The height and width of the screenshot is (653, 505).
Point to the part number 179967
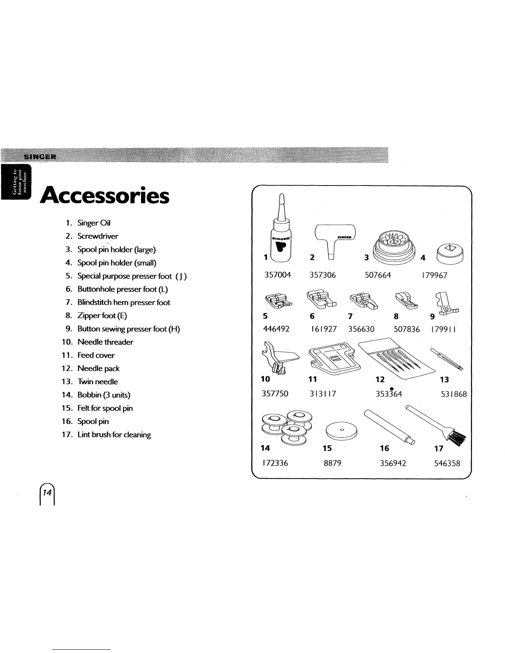tap(434, 275)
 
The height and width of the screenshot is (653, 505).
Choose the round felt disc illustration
tap(341, 431)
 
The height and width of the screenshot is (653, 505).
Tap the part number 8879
tap(332, 463)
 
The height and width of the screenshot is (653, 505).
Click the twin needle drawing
tap(447, 358)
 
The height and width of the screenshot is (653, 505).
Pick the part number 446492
tap(276, 329)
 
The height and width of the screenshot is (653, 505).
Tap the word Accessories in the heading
tap(105, 196)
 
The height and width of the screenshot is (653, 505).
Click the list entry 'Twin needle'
tap(97, 382)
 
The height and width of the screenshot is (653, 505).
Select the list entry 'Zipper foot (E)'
tap(102, 316)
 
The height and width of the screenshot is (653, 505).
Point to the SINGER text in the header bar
tap(41, 157)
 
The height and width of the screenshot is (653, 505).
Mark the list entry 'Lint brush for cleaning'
tap(114, 435)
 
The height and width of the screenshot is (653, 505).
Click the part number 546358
tap(447, 463)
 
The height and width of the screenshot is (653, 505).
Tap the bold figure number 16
tap(384, 448)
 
